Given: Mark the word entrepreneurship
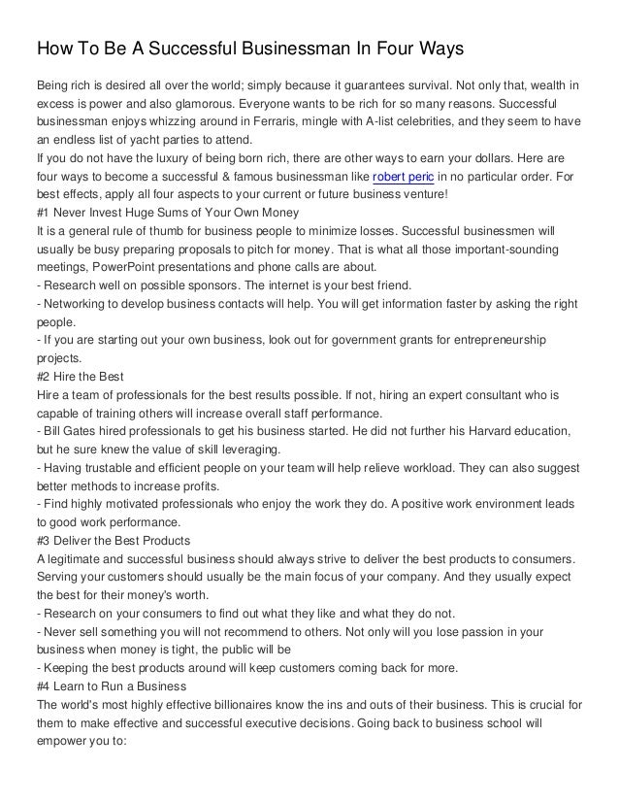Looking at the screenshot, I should coord(492,342).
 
